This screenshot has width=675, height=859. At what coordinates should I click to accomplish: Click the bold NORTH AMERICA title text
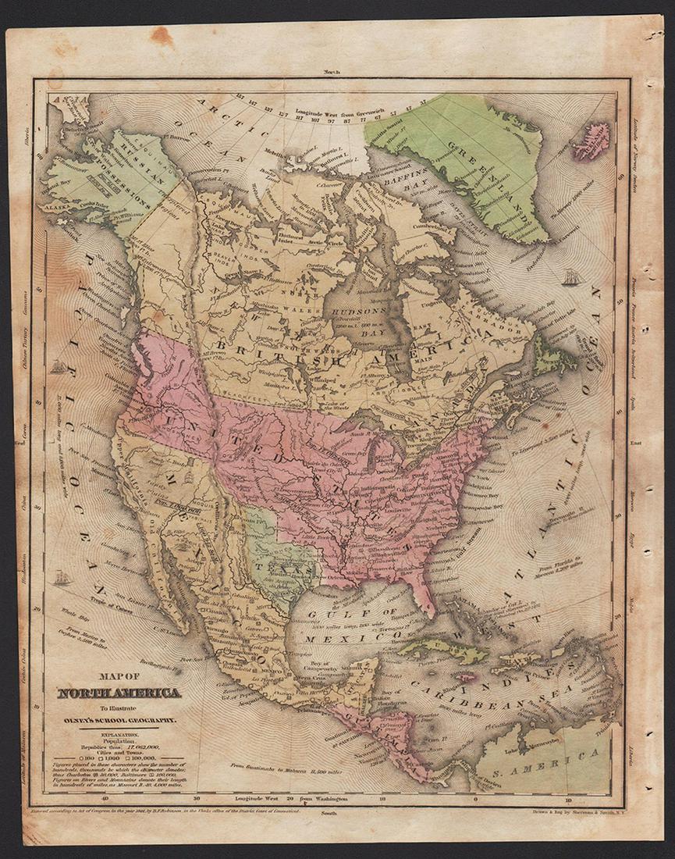[119, 693]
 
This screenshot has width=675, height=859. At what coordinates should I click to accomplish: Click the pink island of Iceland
[592, 140]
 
